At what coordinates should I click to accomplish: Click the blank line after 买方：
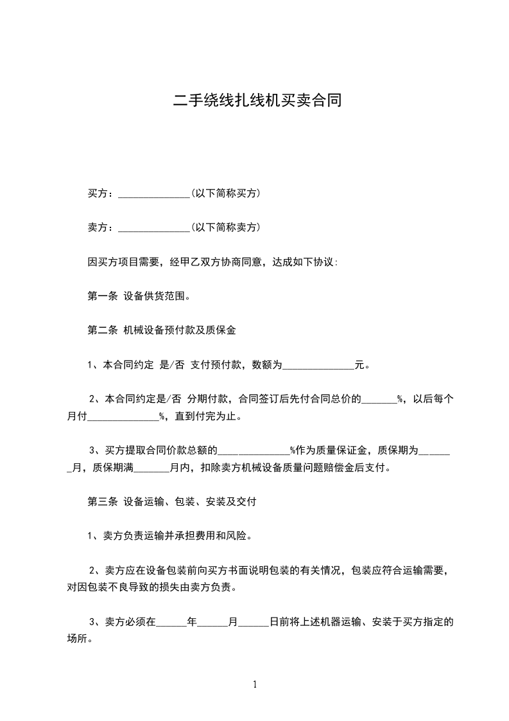(154, 194)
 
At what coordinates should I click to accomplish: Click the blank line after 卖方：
(154, 229)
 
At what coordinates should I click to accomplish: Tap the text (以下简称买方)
(225, 193)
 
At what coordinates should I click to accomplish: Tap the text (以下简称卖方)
(225, 227)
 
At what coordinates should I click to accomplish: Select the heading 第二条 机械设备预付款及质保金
(162, 331)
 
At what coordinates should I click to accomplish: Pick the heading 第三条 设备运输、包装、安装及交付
(172, 502)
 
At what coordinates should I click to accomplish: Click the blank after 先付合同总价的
(379, 400)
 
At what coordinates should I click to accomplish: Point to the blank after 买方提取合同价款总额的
(255, 451)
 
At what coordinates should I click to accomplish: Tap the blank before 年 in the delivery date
(171, 623)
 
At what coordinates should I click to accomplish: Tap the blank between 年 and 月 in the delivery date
(213, 623)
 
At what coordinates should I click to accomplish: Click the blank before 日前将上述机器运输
(254, 623)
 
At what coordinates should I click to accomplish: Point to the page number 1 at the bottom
(255, 684)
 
